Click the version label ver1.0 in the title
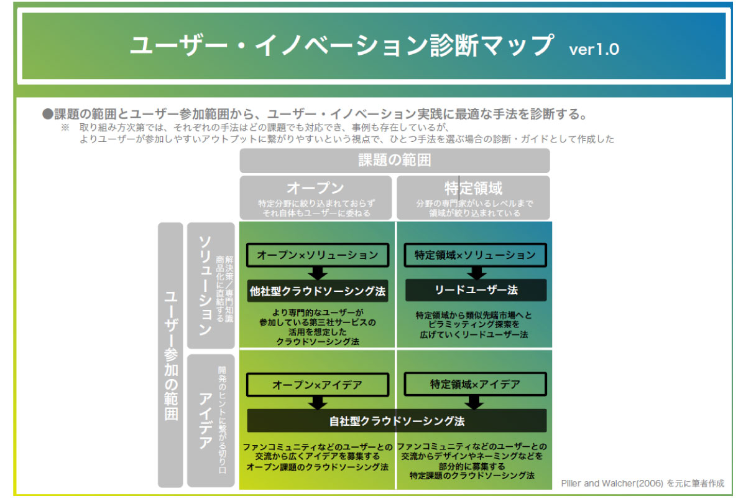594,49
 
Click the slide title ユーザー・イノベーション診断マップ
341,46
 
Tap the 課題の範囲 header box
395,160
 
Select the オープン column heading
316,188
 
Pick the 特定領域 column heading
473,188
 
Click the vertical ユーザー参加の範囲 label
171,355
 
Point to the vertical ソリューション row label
204,285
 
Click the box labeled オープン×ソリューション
317,255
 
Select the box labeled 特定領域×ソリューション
475,255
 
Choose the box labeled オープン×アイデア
317,385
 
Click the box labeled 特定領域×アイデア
475,385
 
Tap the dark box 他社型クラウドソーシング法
317,291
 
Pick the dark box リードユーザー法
476,290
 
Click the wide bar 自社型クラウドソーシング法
397,421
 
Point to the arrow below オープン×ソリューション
318,273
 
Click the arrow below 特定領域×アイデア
476,403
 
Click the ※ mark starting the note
65,128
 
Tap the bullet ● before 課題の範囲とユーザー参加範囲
47,114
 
